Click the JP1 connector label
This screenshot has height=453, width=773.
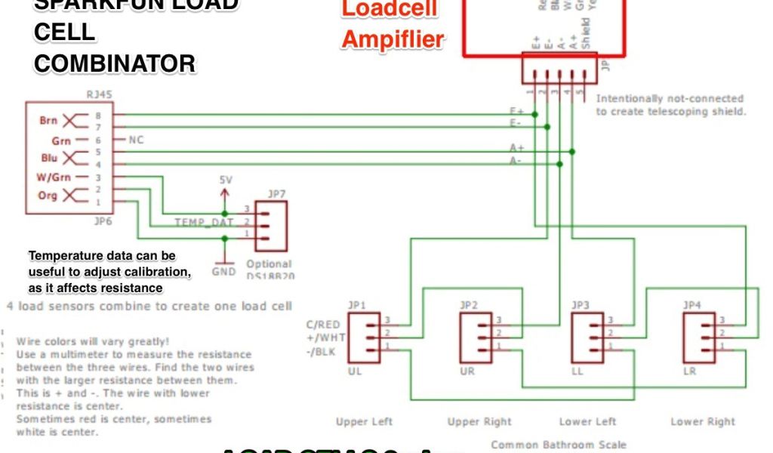click(357, 305)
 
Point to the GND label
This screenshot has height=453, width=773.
click(224, 271)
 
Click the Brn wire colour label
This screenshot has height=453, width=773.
click(48, 120)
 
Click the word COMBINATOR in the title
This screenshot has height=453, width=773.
click(115, 64)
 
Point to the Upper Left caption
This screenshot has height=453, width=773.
click(364, 421)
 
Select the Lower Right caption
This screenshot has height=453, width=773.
click(703, 421)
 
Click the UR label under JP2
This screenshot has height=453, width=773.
click(469, 372)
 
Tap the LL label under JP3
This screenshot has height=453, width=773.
click(579, 372)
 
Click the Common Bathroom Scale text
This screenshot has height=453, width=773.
click(558, 445)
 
